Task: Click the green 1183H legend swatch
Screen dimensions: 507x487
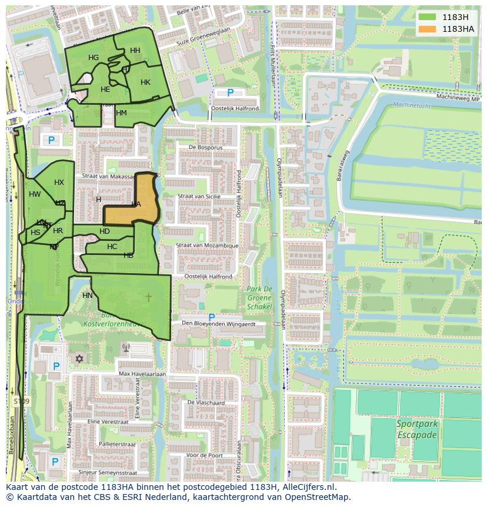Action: click(x=427, y=17)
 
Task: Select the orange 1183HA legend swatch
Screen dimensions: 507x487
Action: click(x=427, y=29)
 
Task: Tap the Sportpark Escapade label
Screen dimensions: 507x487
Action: click(x=416, y=429)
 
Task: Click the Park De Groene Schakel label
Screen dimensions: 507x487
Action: click(x=259, y=297)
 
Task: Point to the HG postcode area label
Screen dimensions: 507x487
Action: click(x=94, y=58)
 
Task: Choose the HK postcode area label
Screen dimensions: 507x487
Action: click(x=145, y=82)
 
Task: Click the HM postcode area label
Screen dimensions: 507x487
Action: click(x=122, y=113)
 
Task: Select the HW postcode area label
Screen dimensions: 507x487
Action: click(x=35, y=194)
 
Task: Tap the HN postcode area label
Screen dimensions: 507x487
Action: click(x=88, y=296)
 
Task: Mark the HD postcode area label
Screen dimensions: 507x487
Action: click(x=105, y=231)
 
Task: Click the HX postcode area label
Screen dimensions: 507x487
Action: click(x=59, y=183)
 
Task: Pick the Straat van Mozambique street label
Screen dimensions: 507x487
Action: click(x=208, y=246)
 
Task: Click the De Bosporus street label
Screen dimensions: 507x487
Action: click(x=204, y=147)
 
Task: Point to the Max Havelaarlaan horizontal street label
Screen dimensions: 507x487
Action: click(x=142, y=374)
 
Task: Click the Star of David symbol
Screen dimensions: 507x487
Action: click(x=79, y=359)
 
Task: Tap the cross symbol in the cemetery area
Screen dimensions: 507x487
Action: click(x=148, y=297)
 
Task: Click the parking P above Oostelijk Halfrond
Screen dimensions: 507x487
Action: click(x=230, y=92)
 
